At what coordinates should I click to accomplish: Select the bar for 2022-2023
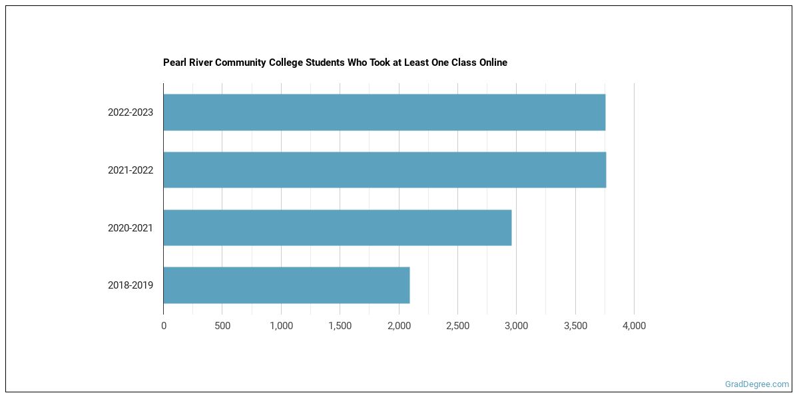[384, 112]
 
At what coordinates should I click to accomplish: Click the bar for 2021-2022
[385, 170]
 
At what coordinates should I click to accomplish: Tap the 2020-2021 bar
[338, 227]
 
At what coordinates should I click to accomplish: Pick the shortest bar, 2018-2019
[286, 285]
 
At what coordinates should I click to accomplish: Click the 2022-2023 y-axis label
[131, 112]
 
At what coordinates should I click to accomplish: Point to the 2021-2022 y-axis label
[131, 170]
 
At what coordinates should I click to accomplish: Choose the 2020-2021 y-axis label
[131, 228]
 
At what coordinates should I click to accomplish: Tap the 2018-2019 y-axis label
[131, 285]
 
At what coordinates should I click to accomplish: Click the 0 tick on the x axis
[164, 326]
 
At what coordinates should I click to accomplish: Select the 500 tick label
[222, 326]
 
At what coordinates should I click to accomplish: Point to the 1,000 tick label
[281, 326]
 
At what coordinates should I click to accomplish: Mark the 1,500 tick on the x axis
[340, 326]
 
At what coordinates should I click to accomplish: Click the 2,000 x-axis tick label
[399, 326]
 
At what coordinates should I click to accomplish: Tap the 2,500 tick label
[457, 326]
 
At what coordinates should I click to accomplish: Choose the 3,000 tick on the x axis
[516, 326]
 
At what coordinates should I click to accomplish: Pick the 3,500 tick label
[575, 326]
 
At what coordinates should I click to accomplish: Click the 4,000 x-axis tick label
[634, 326]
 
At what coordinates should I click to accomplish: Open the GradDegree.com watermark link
[756, 384]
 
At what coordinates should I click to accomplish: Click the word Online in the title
[492, 63]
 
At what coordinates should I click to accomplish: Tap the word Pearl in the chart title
[174, 63]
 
